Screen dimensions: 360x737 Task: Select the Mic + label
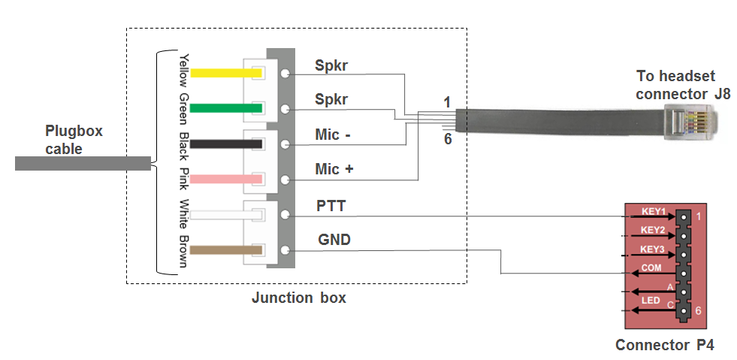(334, 170)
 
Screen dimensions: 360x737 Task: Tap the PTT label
(331, 205)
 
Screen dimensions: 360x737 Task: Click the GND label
(333, 241)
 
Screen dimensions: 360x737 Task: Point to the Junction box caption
(298, 298)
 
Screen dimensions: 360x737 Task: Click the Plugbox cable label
(74, 140)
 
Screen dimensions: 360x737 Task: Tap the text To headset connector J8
(682, 85)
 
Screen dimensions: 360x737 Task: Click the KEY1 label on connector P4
(653, 211)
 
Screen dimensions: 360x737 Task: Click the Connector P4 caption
(664, 345)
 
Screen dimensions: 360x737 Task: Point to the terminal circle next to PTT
(285, 214)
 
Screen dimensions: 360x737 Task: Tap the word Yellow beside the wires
(183, 71)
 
